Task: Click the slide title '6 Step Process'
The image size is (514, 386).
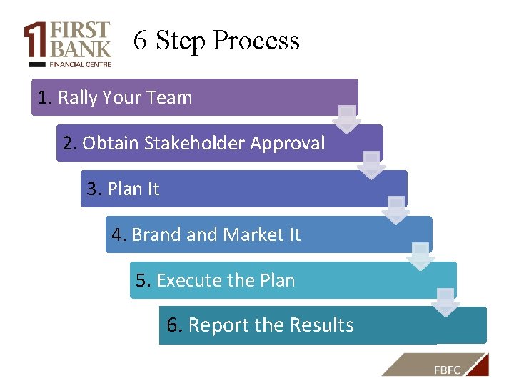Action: point(216,41)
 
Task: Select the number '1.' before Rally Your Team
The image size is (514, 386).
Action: point(46,98)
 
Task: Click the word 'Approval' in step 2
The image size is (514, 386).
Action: point(287,144)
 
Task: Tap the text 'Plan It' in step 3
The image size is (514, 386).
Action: point(133,189)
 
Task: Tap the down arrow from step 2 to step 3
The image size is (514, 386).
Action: point(371,165)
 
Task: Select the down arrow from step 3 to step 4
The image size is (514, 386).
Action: point(396,211)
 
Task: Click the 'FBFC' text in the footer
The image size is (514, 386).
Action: point(447,369)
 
